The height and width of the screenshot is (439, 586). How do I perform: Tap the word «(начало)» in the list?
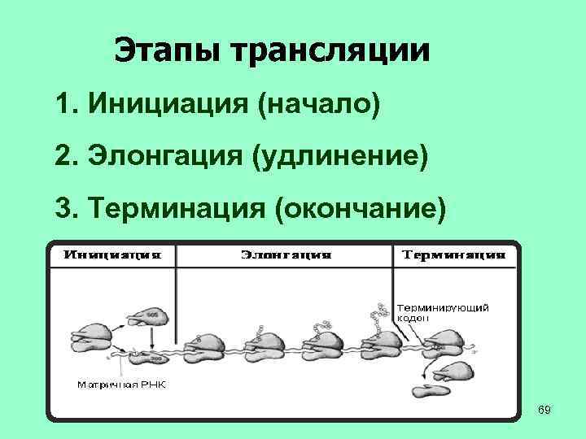click(319, 104)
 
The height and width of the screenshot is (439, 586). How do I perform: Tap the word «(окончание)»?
click(362, 207)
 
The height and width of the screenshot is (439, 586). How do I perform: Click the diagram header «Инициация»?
click(112, 254)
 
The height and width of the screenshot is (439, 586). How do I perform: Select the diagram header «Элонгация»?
click(286, 254)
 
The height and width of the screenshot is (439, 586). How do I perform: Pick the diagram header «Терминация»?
click(454, 254)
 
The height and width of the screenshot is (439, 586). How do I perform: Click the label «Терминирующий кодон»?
click(444, 314)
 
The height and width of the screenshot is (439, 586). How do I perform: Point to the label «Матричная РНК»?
click(122, 384)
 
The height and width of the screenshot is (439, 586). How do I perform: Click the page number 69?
click(544, 411)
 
